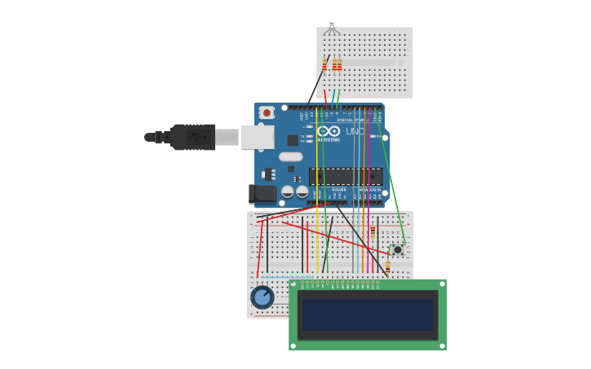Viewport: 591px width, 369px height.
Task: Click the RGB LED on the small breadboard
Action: [x=331, y=26]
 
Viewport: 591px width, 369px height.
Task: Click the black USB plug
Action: [x=192, y=137]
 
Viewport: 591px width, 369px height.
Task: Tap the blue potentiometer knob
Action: [x=262, y=297]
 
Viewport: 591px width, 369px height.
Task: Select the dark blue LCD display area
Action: [x=368, y=314]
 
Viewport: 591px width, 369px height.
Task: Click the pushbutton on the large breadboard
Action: [x=397, y=249]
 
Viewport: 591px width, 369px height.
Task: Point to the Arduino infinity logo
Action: [x=329, y=131]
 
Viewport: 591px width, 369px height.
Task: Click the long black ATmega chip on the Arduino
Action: [x=345, y=176]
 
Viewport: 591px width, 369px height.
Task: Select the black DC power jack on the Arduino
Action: [x=262, y=194]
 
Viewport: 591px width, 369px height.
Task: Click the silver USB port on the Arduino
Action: [x=257, y=137]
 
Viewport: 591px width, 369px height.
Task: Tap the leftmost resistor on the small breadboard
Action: [x=324, y=64]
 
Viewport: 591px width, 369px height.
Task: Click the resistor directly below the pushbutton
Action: [x=388, y=266]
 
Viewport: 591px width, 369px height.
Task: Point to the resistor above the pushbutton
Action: [x=373, y=231]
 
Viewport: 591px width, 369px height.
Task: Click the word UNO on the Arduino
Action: [x=355, y=131]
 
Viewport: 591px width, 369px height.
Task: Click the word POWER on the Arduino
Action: [x=339, y=190]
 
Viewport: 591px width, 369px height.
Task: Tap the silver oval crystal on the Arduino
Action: [x=290, y=156]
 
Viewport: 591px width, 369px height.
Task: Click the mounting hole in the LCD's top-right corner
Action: [x=441, y=285]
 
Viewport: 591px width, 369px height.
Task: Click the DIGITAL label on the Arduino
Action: [x=345, y=120]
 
